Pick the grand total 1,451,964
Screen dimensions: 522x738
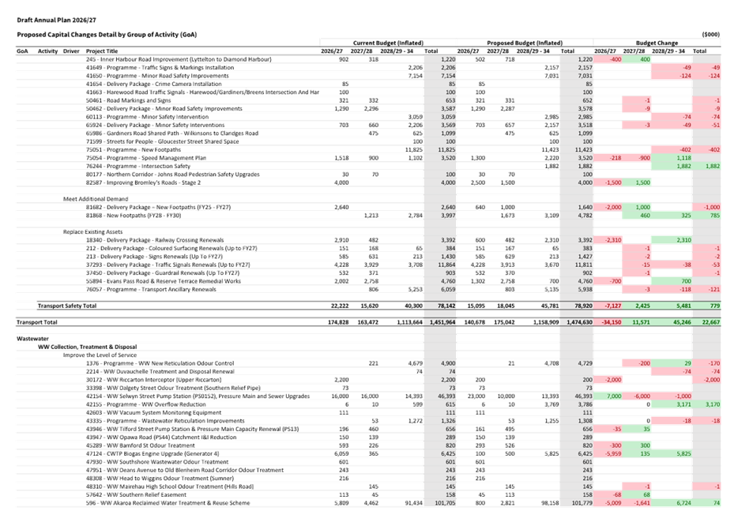(x=439, y=322)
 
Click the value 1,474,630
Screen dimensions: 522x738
(x=576, y=322)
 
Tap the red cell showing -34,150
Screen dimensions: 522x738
(x=607, y=322)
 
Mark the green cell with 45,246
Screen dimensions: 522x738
(x=675, y=322)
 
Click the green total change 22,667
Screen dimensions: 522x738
(x=709, y=322)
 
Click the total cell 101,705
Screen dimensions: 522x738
(x=442, y=501)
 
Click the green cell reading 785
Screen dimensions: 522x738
(x=711, y=215)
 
